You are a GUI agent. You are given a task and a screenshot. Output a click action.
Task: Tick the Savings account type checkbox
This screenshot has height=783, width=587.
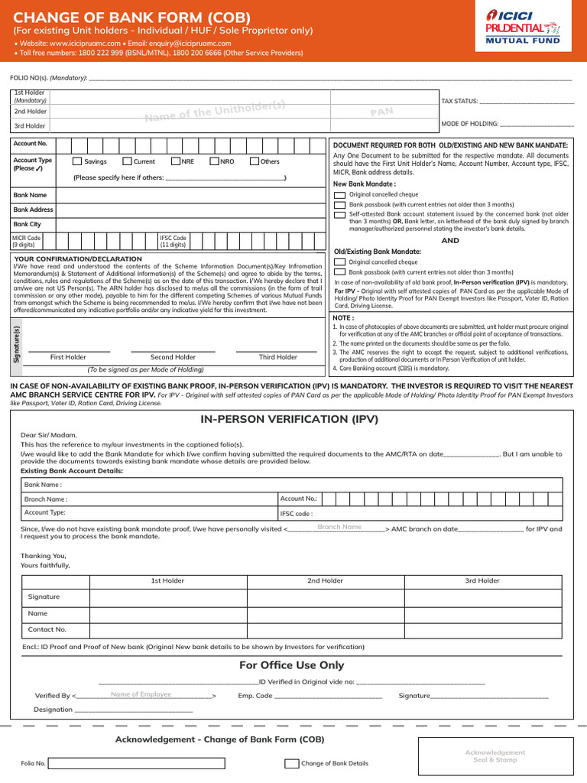click(77, 161)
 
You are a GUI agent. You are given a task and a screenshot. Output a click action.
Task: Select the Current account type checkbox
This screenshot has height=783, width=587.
click(127, 161)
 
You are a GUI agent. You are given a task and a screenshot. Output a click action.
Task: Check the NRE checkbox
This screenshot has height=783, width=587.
click(176, 161)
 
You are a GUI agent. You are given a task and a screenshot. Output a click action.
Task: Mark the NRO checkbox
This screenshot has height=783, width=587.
click(216, 161)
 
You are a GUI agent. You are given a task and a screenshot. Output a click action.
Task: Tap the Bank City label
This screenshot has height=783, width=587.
click(28, 224)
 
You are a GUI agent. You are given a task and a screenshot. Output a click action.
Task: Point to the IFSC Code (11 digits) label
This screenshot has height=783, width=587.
click(173, 242)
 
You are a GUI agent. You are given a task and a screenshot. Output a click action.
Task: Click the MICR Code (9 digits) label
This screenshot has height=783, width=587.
click(27, 242)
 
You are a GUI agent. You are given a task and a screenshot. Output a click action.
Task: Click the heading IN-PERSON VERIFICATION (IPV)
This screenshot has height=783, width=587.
click(289, 419)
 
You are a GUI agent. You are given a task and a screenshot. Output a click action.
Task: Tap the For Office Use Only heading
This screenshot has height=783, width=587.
click(291, 665)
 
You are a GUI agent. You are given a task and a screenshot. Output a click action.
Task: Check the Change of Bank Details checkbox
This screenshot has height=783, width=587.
click(292, 763)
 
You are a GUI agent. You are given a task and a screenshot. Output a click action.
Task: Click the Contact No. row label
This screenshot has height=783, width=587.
click(47, 629)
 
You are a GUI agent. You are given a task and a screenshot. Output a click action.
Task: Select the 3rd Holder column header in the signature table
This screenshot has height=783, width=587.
click(482, 580)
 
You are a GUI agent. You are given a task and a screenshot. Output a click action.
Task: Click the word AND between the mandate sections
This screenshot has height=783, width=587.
click(451, 240)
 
